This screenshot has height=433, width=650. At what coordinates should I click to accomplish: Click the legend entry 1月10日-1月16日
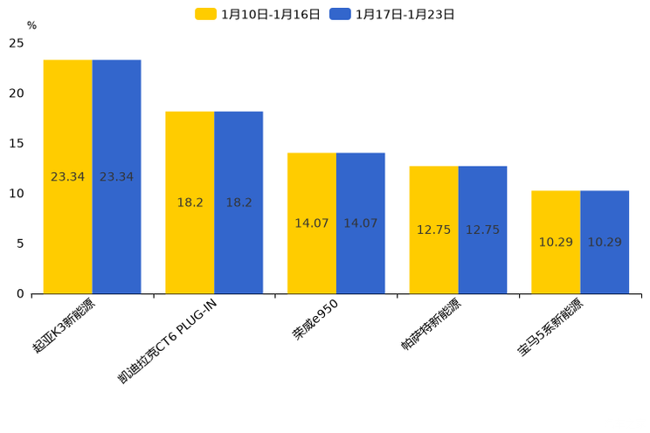(258, 14)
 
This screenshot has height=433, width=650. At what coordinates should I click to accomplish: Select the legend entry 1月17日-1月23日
(392, 14)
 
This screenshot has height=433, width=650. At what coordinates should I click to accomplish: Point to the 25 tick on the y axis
(17, 43)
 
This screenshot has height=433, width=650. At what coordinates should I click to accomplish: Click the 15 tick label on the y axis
(17, 143)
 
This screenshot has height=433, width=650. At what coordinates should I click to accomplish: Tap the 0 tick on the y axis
(20, 293)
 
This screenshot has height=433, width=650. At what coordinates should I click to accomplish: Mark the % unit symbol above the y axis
(31, 25)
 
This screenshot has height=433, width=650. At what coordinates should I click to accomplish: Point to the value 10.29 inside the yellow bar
(556, 242)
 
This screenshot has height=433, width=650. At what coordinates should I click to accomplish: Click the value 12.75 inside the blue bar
(482, 230)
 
